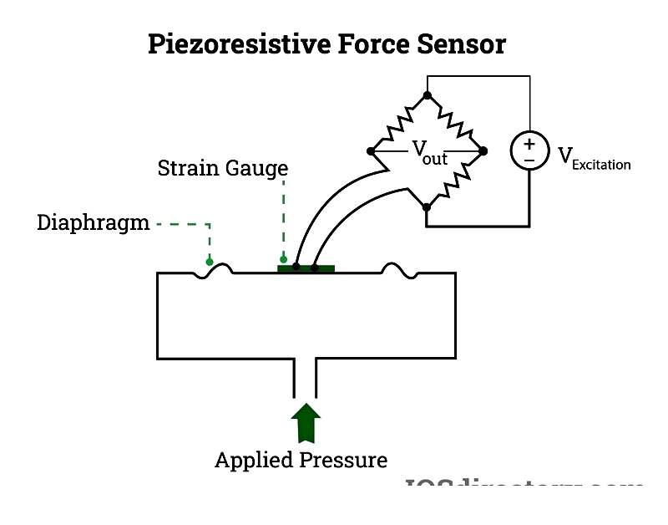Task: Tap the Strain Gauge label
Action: point(222,168)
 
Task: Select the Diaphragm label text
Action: point(93,223)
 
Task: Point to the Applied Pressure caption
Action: point(301,460)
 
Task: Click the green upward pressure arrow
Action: point(305,423)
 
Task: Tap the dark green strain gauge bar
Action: point(306,268)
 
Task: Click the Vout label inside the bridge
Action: point(428,152)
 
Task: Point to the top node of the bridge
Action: point(427,95)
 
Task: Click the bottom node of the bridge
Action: point(427,206)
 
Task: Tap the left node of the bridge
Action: point(371,151)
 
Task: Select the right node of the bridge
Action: point(483,151)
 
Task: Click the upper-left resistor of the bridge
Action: point(398,123)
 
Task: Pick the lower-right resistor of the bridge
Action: point(455,179)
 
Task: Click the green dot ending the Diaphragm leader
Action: point(210,262)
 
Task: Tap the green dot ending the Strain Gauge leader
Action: point(284,259)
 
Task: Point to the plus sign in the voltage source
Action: point(529,144)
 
